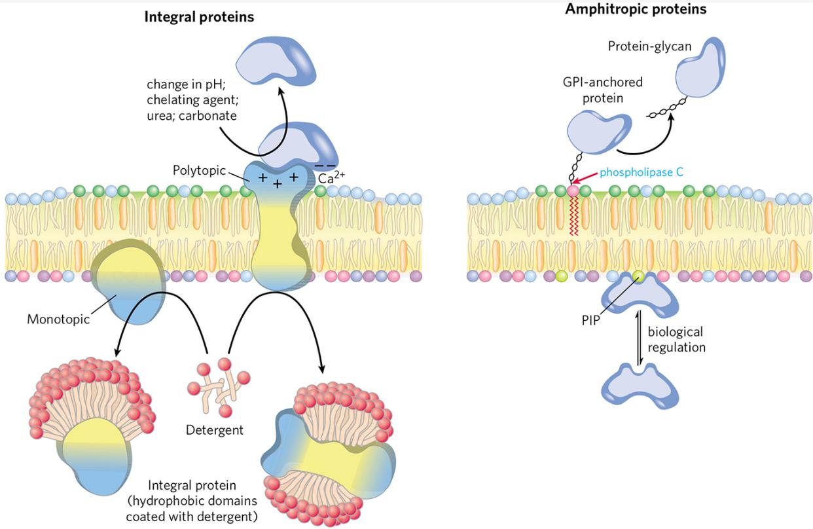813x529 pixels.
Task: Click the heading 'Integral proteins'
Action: pos(199,16)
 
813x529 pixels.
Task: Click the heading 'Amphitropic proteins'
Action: pos(636,9)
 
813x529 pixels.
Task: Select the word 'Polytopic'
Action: pos(198,170)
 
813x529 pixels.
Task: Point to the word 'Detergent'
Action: pos(215,430)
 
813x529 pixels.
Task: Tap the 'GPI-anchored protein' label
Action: pos(602,89)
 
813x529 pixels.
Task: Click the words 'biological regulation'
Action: pos(676,339)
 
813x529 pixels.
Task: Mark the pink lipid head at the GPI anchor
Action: pos(573,191)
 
